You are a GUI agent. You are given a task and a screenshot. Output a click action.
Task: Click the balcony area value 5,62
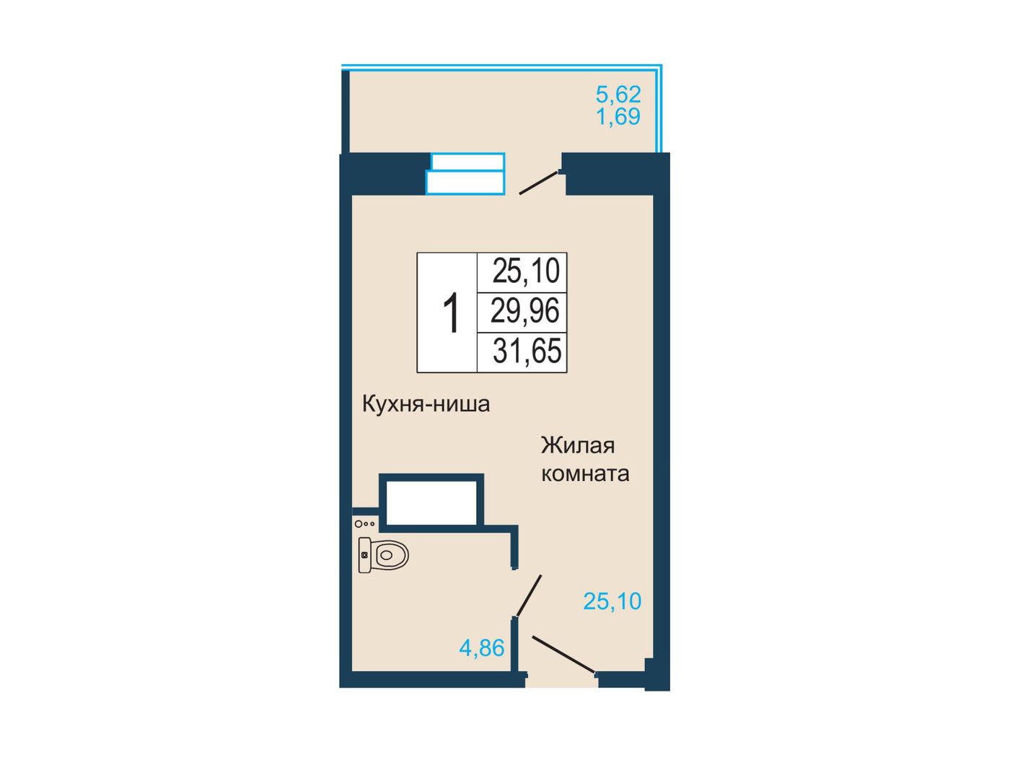tap(618, 95)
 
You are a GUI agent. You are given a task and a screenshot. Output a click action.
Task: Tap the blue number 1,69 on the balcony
tap(618, 116)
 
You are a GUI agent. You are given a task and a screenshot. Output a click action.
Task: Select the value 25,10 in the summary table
tap(525, 271)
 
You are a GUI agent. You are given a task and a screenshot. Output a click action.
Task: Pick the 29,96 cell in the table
tap(524, 310)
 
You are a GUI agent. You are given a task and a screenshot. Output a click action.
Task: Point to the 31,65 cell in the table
tap(527, 351)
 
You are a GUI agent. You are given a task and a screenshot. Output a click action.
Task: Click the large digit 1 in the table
tap(450, 312)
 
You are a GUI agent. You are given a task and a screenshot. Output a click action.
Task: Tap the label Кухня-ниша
tap(426, 404)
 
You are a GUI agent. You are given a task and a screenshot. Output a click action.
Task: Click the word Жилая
tap(577, 445)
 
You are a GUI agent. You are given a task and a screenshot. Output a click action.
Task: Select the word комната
tap(585, 474)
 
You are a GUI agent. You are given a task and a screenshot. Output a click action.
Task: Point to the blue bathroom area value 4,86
tap(482, 648)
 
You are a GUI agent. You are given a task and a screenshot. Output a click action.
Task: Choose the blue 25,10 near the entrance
tap(612, 601)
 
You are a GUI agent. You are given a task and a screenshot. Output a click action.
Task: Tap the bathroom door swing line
tap(529, 595)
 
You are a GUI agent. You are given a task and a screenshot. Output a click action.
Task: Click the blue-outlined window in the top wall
tap(465, 173)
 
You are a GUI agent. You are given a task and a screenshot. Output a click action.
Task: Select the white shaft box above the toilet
tap(431, 502)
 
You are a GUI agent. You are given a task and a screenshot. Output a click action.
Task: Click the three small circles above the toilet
tap(365, 523)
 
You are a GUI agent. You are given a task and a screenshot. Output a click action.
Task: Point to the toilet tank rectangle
tap(364, 554)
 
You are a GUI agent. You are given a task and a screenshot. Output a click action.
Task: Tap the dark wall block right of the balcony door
tap(615, 174)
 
